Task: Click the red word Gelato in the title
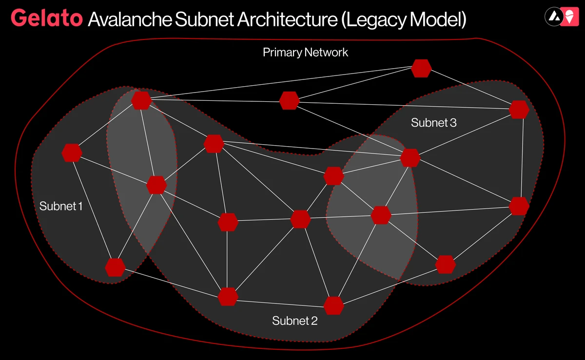tap(46, 18)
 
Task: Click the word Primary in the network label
tap(282, 52)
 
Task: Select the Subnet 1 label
tap(61, 206)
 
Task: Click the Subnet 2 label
tap(295, 321)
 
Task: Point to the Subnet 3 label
tap(434, 123)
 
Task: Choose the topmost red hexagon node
tap(421, 68)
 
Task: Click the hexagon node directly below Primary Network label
tap(289, 100)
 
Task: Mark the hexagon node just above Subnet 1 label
tap(72, 152)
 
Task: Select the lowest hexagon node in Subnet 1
tap(115, 267)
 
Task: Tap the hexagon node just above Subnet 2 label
tap(333, 305)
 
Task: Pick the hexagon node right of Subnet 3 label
tap(519, 110)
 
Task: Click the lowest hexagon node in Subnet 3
tap(445, 264)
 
